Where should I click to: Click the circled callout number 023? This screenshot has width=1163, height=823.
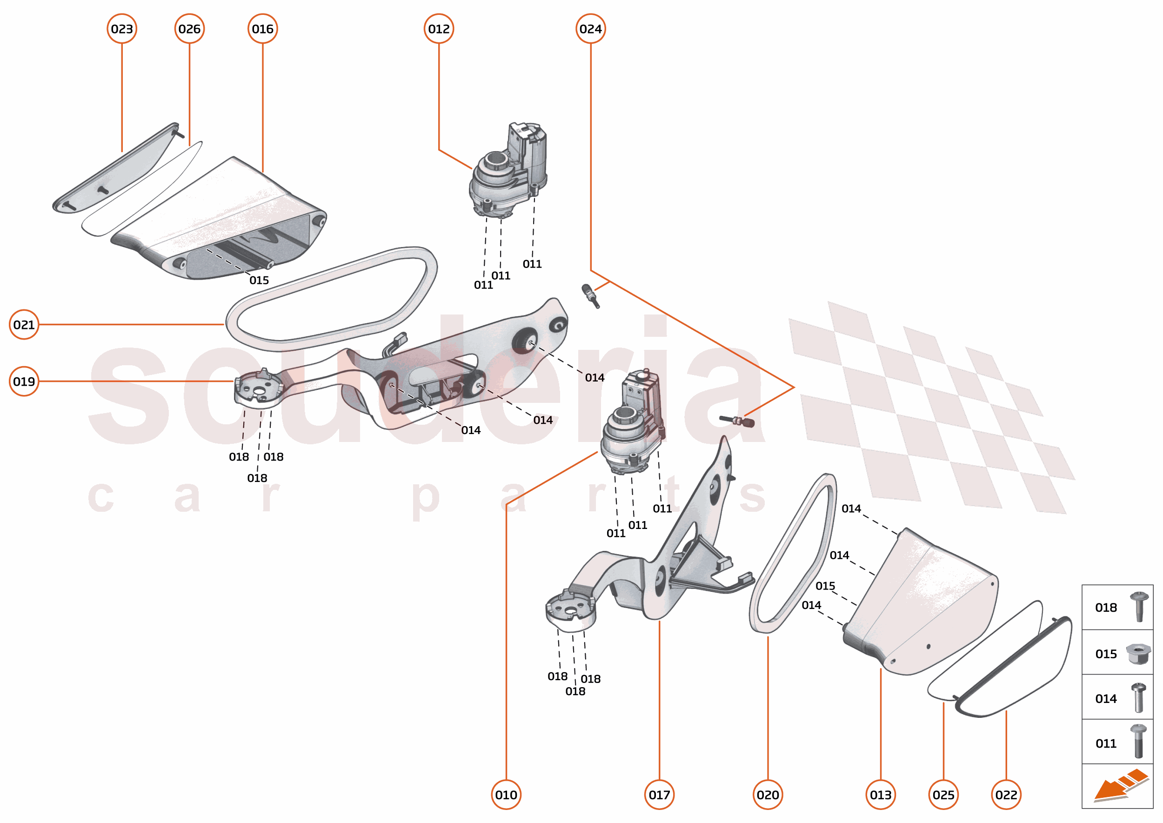pos(121,29)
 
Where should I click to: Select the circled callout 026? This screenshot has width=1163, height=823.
pos(189,29)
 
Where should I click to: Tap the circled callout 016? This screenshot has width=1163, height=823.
pos(262,29)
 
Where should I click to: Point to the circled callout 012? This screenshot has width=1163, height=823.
pos(438,29)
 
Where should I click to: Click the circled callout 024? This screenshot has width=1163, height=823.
pos(590,29)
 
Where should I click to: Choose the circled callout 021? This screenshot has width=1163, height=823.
pos(24,324)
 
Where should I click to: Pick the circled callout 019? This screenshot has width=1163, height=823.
pos(24,381)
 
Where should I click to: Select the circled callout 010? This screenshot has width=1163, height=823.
pos(506,795)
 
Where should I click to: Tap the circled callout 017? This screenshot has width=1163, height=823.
pos(659,795)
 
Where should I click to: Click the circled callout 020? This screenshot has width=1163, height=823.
pos(767,795)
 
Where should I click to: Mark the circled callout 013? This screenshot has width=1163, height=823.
pos(880,795)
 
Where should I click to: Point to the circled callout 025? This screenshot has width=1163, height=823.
pos(943,795)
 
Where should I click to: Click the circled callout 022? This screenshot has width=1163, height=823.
pos(1006,795)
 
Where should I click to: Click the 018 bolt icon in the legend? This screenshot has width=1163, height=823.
pos(1139,607)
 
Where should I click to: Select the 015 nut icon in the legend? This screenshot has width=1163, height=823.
pos(1138,654)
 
